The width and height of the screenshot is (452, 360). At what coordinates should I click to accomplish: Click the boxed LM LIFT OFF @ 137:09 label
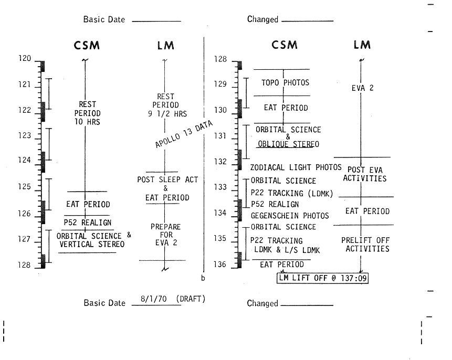(323, 277)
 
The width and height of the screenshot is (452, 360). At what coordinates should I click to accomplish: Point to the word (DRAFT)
(191, 299)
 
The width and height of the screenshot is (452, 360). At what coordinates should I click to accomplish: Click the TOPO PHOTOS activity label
(285, 82)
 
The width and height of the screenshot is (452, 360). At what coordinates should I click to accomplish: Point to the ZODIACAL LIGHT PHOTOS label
(296, 168)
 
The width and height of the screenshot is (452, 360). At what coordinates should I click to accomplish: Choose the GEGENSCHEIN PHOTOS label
(290, 216)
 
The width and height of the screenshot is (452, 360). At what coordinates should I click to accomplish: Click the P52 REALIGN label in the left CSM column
(88, 223)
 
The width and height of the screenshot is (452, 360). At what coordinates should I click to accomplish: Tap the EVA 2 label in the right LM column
(362, 88)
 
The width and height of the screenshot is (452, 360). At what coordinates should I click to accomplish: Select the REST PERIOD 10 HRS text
(87, 113)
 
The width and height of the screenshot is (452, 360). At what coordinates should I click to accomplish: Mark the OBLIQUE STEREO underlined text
(288, 144)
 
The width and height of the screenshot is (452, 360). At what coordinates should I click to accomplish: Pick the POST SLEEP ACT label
(167, 180)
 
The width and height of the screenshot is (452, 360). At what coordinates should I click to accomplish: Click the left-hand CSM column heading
(86, 45)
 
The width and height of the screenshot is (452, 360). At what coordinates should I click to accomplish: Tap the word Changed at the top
(262, 19)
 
